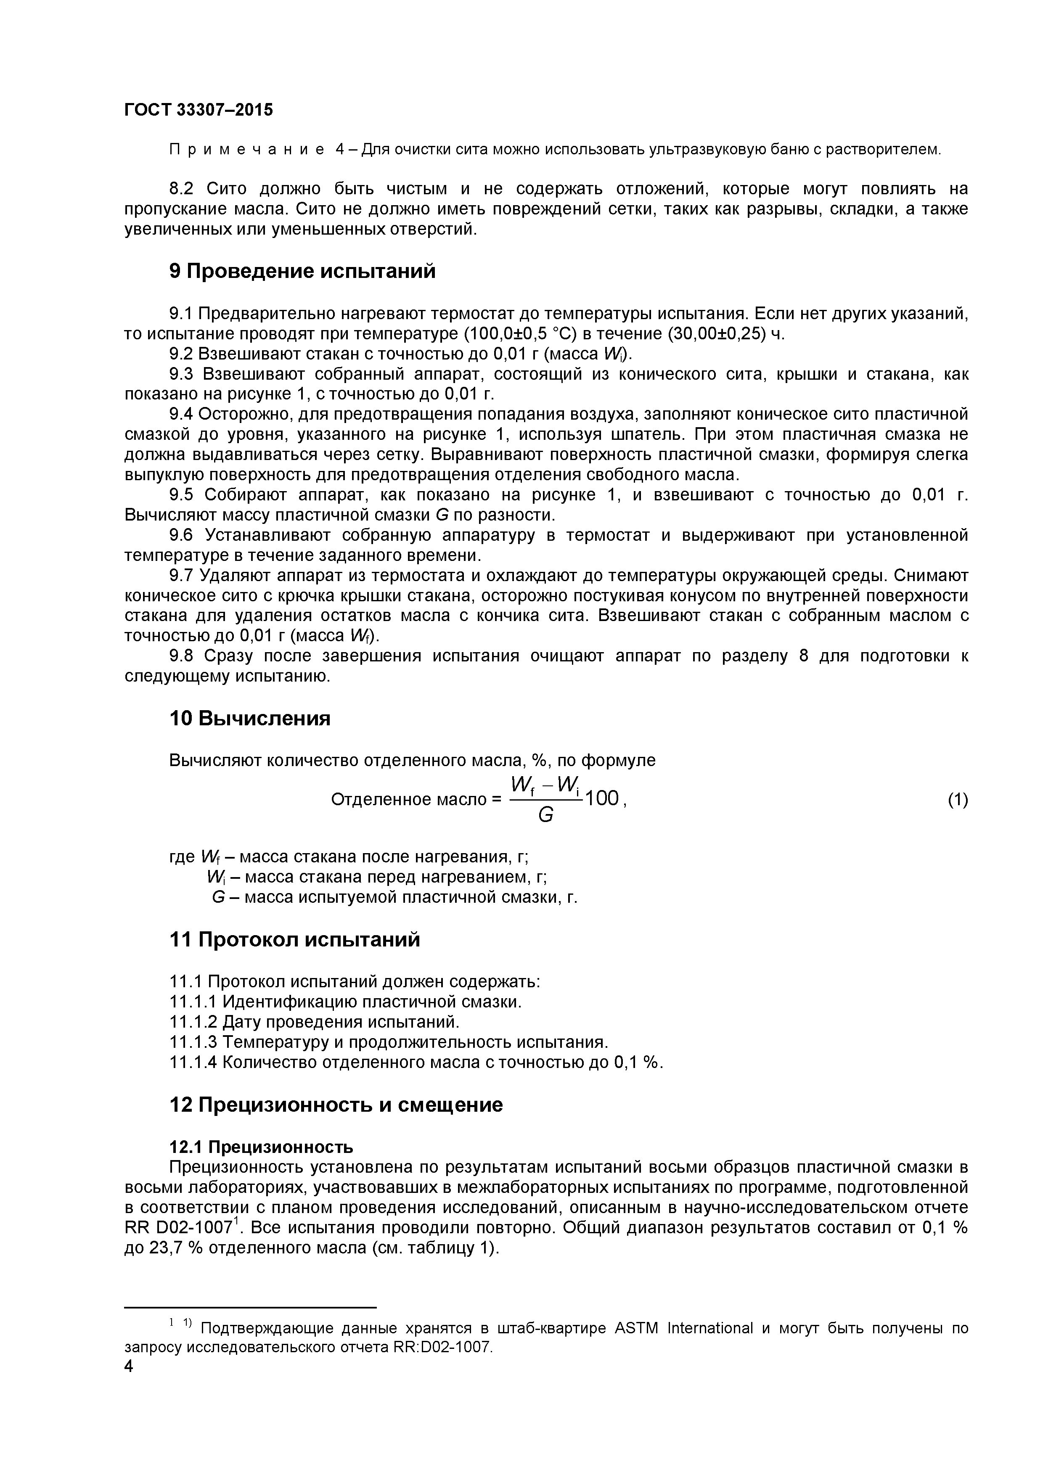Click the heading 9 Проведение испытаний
302,271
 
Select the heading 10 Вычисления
249,718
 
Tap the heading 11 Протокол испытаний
294,940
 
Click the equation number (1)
958,799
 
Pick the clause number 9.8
181,656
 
